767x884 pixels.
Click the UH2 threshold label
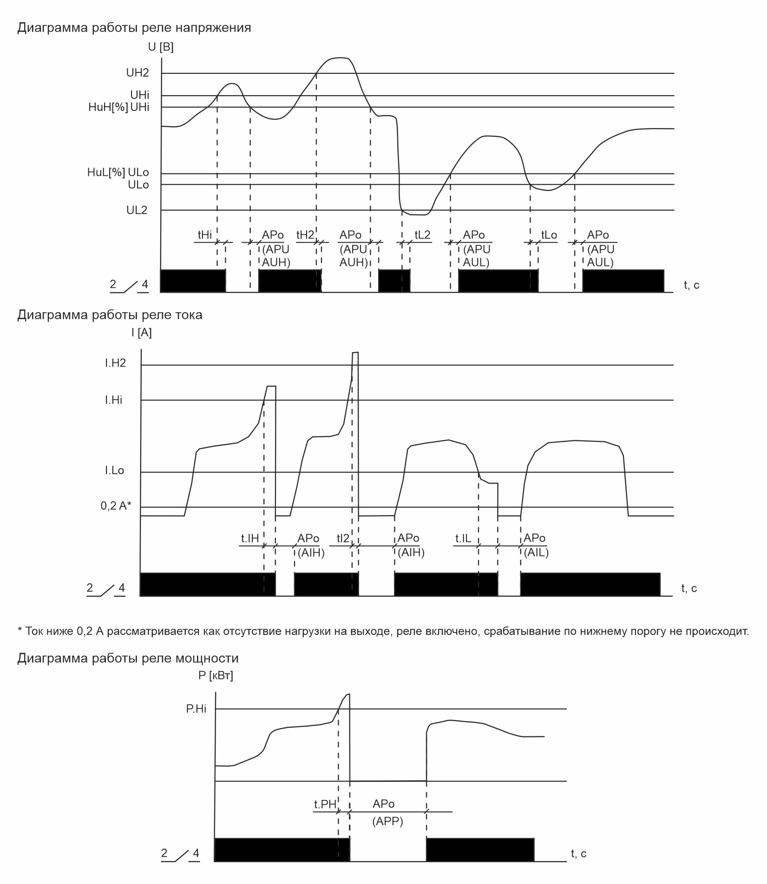[x=138, y=73]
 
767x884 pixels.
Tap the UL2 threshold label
[x=137, y=210]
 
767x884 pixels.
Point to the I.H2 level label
[x=115, y=363]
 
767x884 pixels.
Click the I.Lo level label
[x=114, y=471]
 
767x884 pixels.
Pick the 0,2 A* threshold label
[x=116, y=506]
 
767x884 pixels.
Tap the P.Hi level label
[x=196, y=709]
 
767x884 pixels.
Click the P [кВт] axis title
[x=216, y=676]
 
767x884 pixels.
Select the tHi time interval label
[x=205, y=235]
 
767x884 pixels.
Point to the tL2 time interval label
[x=422, y=235]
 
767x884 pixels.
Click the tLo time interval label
[x=549, y=235]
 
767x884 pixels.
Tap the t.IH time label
[x=249, y=539]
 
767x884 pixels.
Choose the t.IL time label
[x=463, y=539]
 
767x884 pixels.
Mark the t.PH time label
[x=325, y=804]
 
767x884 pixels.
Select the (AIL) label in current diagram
[x=536, y=553]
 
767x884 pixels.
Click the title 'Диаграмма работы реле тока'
[x=110, y=315]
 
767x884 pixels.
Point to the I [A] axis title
[x=141, y=333]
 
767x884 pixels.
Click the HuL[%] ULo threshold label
[x=118, y=173]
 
